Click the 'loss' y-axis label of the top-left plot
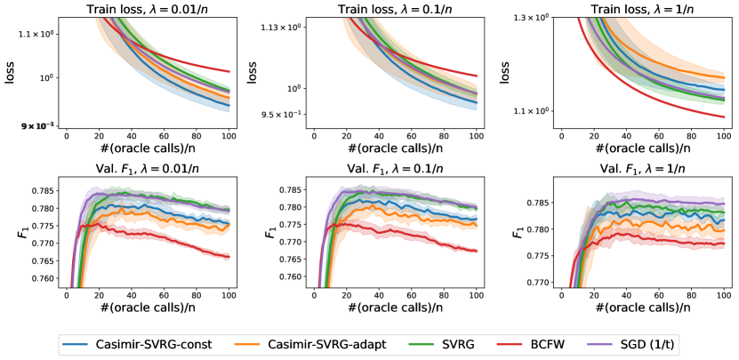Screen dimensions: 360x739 pyautogui.click(x=11, y=76)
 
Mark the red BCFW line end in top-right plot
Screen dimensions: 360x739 pyautogui.click(x=725, y=116)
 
